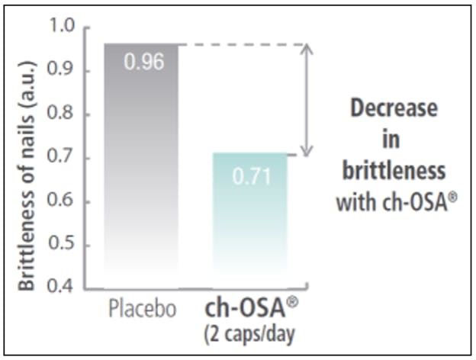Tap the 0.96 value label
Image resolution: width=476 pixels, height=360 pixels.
144,63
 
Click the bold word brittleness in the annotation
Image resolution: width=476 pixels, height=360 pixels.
393,170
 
